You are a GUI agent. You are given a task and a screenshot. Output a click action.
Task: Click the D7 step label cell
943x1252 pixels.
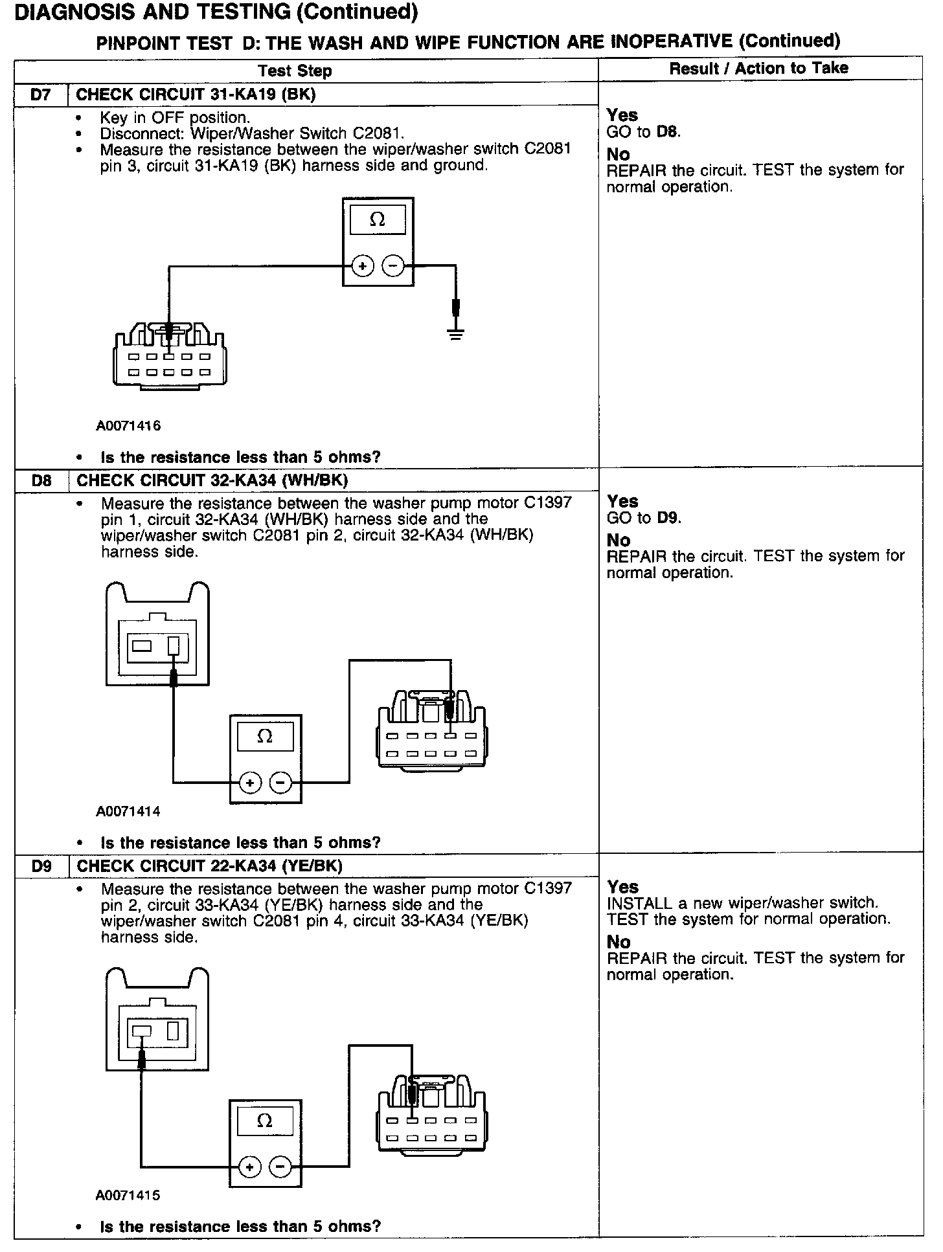pos(41,95)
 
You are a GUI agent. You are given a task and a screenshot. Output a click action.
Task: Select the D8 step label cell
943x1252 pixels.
pos(41,480)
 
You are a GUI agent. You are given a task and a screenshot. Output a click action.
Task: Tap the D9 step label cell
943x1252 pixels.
pos(41,866)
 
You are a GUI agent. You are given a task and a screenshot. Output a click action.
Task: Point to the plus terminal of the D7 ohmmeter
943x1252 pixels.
pos(363,266)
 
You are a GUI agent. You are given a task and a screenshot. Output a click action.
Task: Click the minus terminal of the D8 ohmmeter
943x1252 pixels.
pos(280,783)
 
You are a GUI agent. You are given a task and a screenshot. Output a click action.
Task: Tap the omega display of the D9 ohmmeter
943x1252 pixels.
pos(265,1121)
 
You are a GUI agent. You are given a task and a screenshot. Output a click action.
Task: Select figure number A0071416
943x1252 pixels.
pos(128,426)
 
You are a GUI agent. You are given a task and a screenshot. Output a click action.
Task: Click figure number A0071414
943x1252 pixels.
pos(128,811)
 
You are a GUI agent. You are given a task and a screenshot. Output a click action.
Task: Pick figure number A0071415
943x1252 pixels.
pos(128,1196)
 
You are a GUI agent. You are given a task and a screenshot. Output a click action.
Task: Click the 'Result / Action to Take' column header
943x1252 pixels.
pos(758,69)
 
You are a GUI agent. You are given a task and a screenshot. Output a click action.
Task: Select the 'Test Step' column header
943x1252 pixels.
pos(295,71)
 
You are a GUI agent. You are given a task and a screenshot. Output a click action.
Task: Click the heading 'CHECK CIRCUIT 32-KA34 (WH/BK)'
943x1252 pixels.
pos(212,480)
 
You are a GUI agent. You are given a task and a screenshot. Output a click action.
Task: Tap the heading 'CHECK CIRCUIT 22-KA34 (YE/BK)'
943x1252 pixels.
pos(209,866)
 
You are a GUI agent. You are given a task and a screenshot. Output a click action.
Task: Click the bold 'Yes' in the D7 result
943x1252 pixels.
pos(622,115)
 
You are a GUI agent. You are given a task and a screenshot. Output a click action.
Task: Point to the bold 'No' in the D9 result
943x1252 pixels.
pos(619,942)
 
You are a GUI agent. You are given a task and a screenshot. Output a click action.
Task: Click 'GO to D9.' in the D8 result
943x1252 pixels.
pos(644,518)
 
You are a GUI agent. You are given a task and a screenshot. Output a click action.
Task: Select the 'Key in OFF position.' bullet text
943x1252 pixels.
pos(175,118)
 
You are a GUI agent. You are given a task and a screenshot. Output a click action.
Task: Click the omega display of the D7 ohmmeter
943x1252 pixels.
pos(378,220)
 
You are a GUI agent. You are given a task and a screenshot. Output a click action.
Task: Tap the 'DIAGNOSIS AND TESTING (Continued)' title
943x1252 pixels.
pos(216,12)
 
